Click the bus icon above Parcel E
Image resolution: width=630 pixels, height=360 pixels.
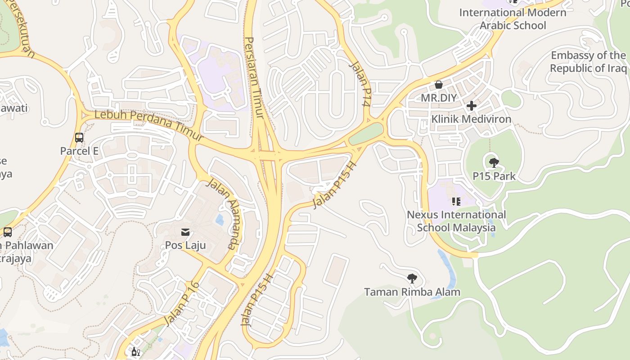point(79,137)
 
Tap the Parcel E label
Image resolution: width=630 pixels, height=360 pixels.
point(79,151)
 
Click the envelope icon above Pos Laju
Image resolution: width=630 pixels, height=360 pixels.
point(185,232)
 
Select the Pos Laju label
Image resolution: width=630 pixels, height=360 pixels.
point(185,245)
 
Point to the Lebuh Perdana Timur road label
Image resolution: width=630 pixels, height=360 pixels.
point(149,126)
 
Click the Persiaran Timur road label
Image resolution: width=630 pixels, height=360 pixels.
point(255,77)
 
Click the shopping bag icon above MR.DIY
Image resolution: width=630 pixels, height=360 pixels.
point(438,85)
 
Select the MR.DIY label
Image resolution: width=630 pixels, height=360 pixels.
point(439,98)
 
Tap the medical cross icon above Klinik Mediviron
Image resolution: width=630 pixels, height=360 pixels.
point(471,106)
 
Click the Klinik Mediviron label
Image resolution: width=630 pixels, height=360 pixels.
point(471,119)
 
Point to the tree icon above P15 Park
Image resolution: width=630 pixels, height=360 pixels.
point(494,162)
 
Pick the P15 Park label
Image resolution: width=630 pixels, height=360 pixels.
point(494,176)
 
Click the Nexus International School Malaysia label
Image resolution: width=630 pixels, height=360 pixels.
point(456,221)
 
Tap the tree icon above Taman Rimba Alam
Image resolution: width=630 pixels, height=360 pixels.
point(412,279)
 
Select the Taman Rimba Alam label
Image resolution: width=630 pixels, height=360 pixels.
point(412,292)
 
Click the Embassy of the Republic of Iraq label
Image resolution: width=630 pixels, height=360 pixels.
point(588,62)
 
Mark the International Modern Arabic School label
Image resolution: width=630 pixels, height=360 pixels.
point(513,19)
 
